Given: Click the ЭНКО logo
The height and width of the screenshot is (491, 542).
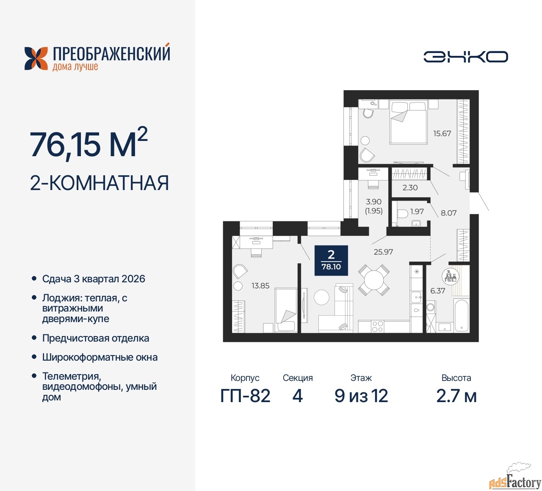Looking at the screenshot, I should [465, 57].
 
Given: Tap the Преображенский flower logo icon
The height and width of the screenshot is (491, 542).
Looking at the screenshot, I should [36, 58].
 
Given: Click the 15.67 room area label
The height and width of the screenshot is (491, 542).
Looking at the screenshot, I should [442, 133].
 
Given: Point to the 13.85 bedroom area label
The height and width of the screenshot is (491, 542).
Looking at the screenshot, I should [260, 286].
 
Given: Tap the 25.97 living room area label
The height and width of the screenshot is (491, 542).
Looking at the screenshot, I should [383, 252].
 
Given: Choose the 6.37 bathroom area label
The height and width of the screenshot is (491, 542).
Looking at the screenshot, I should [437, 291].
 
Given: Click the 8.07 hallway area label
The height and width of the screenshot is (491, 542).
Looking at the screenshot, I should [448, 213].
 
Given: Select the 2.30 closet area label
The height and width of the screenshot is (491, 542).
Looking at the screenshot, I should [410, 188].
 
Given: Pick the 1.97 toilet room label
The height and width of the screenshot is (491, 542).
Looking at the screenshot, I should [417, 211].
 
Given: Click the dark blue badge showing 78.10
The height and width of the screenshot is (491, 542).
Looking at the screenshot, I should [331, 260].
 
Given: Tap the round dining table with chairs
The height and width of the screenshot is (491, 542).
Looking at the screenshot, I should [374, 280].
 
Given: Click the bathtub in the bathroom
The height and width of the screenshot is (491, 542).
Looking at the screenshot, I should [462, 315].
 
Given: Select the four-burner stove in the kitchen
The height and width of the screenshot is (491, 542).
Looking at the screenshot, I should [377, 326].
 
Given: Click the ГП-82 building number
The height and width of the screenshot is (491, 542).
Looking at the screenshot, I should [245, 396].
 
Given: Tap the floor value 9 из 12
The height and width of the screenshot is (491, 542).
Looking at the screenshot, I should [361, 396].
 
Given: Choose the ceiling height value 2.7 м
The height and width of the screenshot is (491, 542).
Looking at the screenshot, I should [456, 396].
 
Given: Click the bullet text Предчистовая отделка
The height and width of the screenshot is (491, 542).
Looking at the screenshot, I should [96, 338].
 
